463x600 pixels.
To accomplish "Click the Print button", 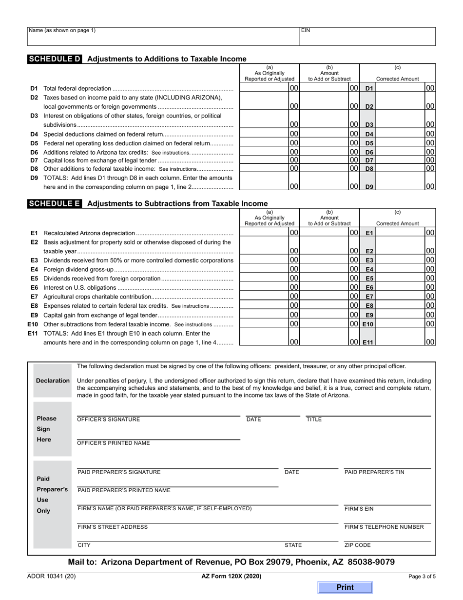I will [345, 587].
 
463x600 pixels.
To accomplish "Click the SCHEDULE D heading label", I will [55, 59].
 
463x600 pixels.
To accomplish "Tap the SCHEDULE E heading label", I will [55, 204].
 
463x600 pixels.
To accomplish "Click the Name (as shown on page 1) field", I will [163, 37].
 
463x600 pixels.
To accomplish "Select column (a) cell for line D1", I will [270, 88].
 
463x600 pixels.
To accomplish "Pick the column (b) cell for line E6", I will [329, 288].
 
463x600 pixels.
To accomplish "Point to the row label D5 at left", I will [34, 143].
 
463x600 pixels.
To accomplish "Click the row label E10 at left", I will [33, 324].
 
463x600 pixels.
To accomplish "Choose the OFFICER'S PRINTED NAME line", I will [158, 436].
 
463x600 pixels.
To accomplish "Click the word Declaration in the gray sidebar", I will [53, 380].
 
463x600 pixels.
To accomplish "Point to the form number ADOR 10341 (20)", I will [51, 576].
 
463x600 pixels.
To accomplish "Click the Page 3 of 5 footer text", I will [422, 576].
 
